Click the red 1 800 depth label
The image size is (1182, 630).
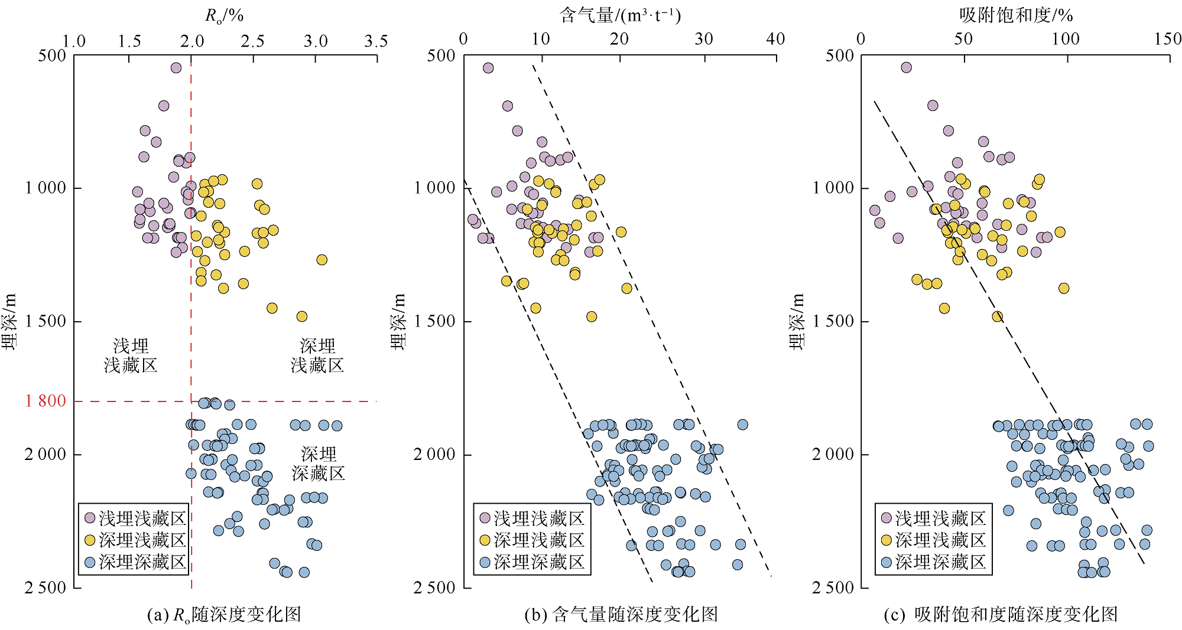point(46,401)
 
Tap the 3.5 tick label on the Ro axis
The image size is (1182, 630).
point(376,41)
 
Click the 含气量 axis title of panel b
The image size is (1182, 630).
point(620,15)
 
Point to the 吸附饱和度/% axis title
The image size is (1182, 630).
point(1016,15)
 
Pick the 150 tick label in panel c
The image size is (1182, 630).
point(1168,39)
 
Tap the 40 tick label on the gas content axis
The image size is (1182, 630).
point(775,39)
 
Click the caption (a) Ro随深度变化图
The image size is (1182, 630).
point(224,615)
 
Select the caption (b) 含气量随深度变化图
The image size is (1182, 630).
point(621,615)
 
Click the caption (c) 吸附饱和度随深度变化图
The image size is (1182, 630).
point(1001,615)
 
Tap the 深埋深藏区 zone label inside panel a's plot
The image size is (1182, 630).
point(319,463)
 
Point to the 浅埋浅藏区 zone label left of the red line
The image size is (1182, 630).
point(131,355)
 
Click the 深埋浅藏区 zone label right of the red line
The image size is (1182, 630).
point(317,355)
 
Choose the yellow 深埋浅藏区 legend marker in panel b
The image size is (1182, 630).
point(485,540)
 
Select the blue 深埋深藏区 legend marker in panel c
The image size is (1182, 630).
point(886,562)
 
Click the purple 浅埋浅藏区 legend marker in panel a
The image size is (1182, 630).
point(90,518)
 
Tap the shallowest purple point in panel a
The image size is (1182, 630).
point(176,68)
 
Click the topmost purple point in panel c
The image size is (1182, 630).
point(906,67)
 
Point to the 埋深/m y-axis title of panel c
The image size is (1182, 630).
point(797,322)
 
